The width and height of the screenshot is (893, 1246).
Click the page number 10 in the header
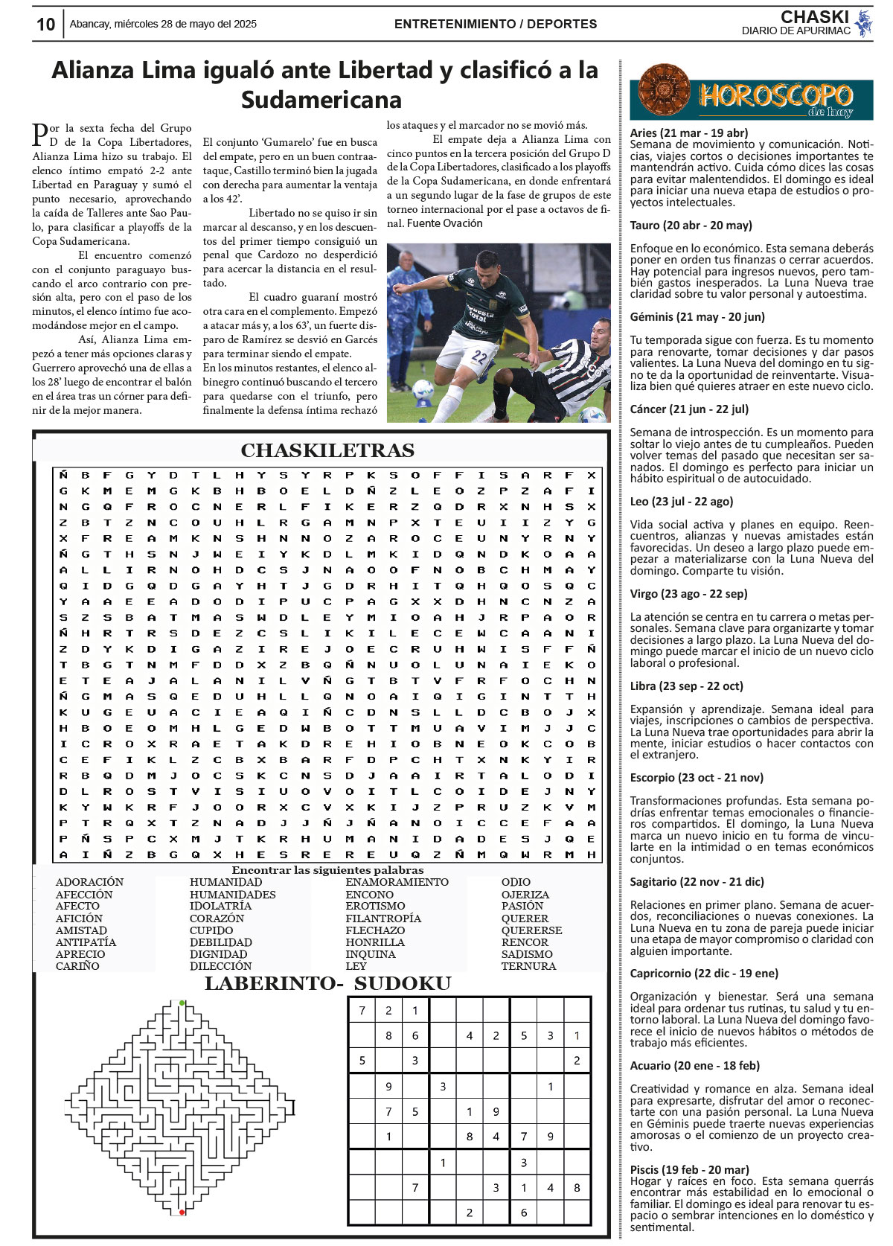point(45,25)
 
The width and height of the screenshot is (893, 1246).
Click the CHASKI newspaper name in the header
point(814,17)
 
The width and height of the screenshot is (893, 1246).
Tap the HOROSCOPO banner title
point(775,95)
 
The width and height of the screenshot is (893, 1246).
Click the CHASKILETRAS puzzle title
point(327,450)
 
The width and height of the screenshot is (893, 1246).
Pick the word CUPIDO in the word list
point(211,930)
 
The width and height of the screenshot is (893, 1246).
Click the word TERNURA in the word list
point(528,966)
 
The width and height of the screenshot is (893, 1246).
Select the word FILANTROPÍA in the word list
point(383,918)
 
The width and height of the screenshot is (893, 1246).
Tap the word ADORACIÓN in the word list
point(89,882)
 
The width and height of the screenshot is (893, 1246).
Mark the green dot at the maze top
point(182,1003)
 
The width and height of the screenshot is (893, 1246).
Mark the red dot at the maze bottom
point(182,1213)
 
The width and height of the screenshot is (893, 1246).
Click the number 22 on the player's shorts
point(478,357)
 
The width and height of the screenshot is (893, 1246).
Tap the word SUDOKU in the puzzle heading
point(402,984)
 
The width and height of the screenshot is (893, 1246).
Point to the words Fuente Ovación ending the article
point(445,223)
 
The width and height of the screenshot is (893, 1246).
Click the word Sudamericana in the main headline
point(321,100)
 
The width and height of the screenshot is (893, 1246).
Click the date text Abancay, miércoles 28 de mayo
point(163,24)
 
